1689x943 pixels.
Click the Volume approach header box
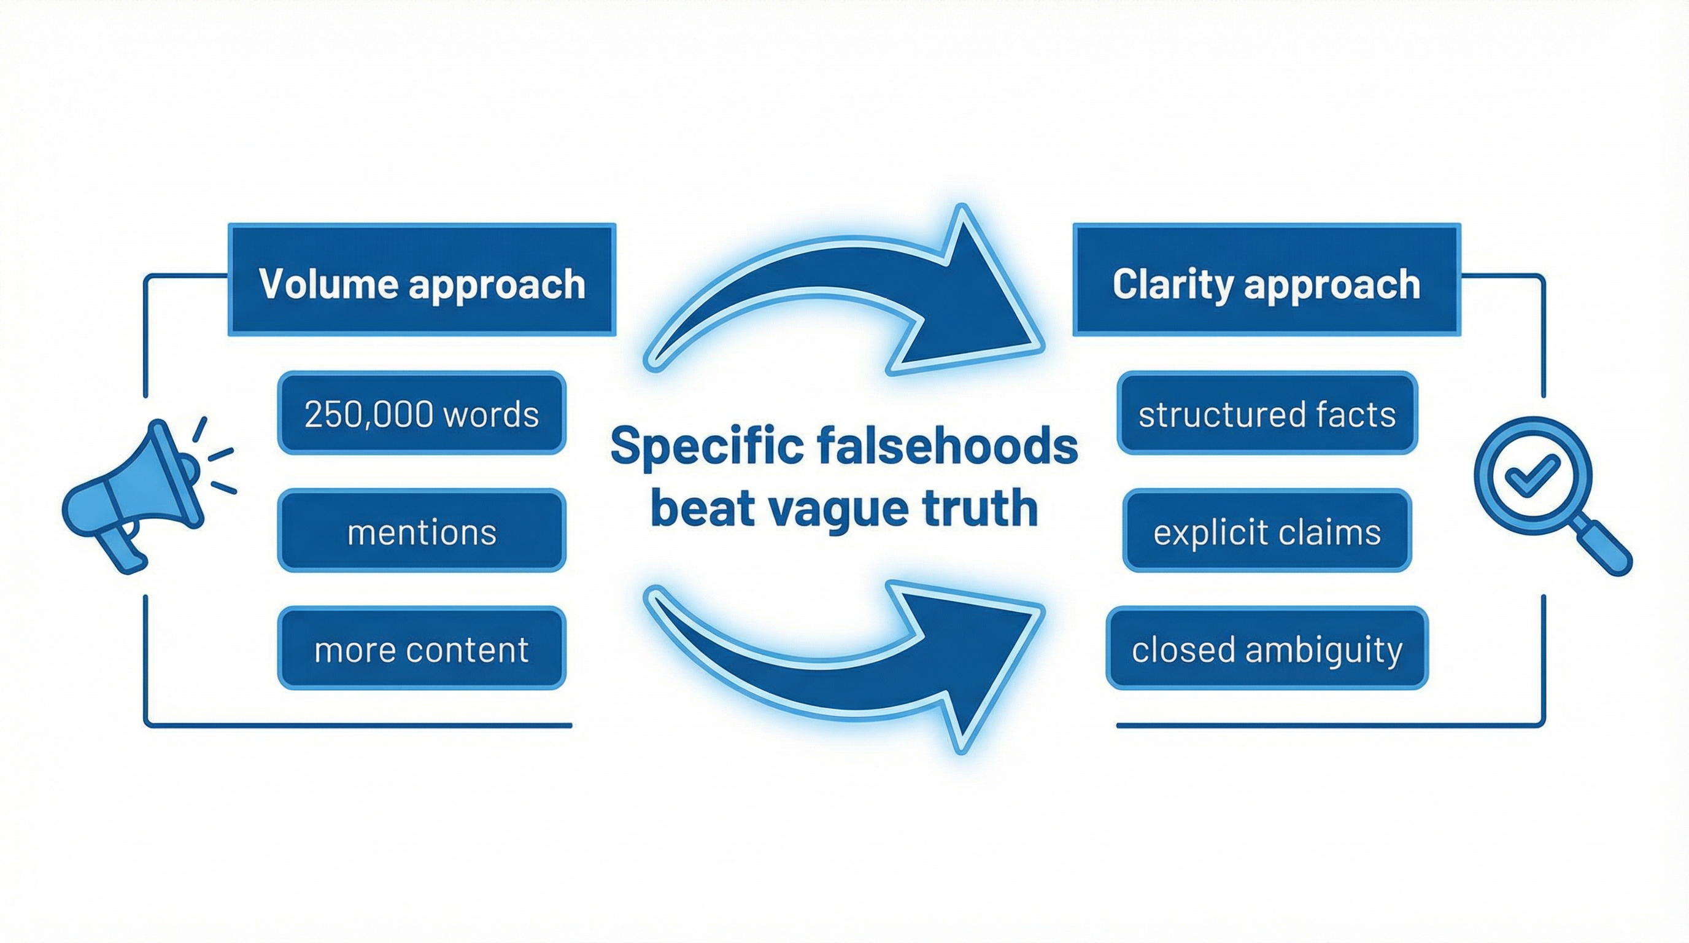click(422, 280)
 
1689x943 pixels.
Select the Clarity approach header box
click(1266, 280)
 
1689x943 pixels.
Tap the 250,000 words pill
click(422, 414)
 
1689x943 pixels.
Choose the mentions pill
click(422, 531)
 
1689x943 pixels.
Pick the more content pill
click(422, 648)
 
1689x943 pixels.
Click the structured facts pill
click(1267, 414)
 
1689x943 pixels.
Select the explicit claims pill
click(1267, 531)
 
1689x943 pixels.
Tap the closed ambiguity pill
click(1267, 648)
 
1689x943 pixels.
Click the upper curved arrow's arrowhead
click(964, 295)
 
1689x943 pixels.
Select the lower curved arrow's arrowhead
click(964, 662)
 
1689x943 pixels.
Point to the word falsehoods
click(948, 445)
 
